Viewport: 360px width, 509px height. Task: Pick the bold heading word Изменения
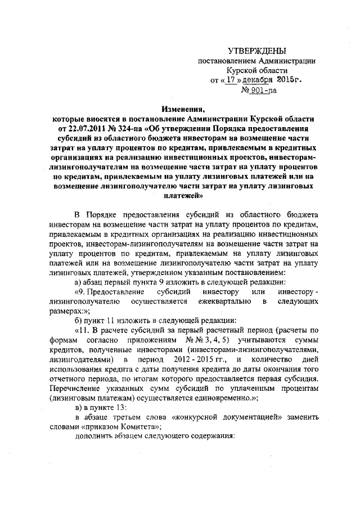click(x=179, y=110)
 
